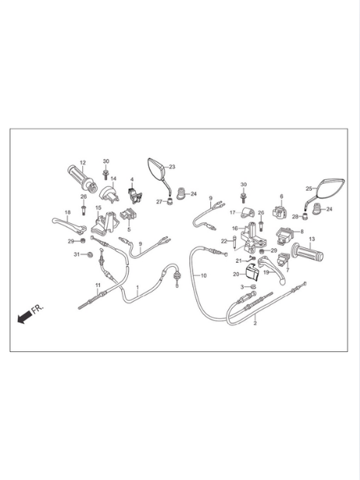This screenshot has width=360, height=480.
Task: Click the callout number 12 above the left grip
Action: [x=83, y=163]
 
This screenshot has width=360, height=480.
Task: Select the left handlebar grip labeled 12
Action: [x=81, y=178]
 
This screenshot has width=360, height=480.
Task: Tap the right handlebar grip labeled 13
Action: [x=307, y=252]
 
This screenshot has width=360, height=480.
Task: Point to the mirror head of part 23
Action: [x=156, y=168]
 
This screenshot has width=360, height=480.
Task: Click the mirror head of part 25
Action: [x=331, y=188]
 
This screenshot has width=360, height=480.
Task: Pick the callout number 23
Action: [x=172, y=167]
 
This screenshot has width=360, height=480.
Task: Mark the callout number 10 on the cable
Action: [x=203, y=275]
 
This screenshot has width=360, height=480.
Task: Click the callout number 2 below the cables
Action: [x=255, y=323]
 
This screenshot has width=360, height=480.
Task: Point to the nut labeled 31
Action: [x=90, y=254]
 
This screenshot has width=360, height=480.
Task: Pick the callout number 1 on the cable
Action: [x=137, y=288]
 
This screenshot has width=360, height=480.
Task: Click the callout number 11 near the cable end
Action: [x=98, y=285]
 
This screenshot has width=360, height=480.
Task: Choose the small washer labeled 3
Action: [x=253, y=287]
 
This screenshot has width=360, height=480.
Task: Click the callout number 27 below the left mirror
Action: [x=159, y=202]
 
